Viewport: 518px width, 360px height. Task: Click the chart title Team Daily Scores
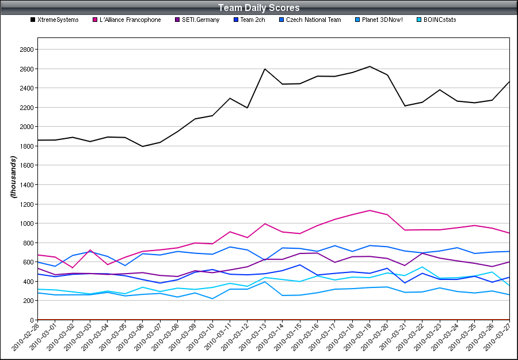coord(258,8)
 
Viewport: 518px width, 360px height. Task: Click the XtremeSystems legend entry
coord(58,20)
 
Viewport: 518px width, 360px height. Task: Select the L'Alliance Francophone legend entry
coord(130,20)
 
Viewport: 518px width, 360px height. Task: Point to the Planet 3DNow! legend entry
coord(382,20)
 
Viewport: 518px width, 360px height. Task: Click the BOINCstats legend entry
coord(440,20)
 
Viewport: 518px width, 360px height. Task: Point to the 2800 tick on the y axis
coord(26,50)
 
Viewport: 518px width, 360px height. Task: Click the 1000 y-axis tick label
coord(26,223)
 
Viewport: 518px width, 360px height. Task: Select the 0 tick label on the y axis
coord(32,320)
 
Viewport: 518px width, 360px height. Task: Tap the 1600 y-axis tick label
coord(26,165)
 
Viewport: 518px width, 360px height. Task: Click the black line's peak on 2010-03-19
coord(370,66)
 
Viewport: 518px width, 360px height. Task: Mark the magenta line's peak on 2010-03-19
coord(370,210)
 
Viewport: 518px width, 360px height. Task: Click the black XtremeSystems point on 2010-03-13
coord(265,69)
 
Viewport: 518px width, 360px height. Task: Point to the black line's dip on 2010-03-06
coord(143,146)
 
